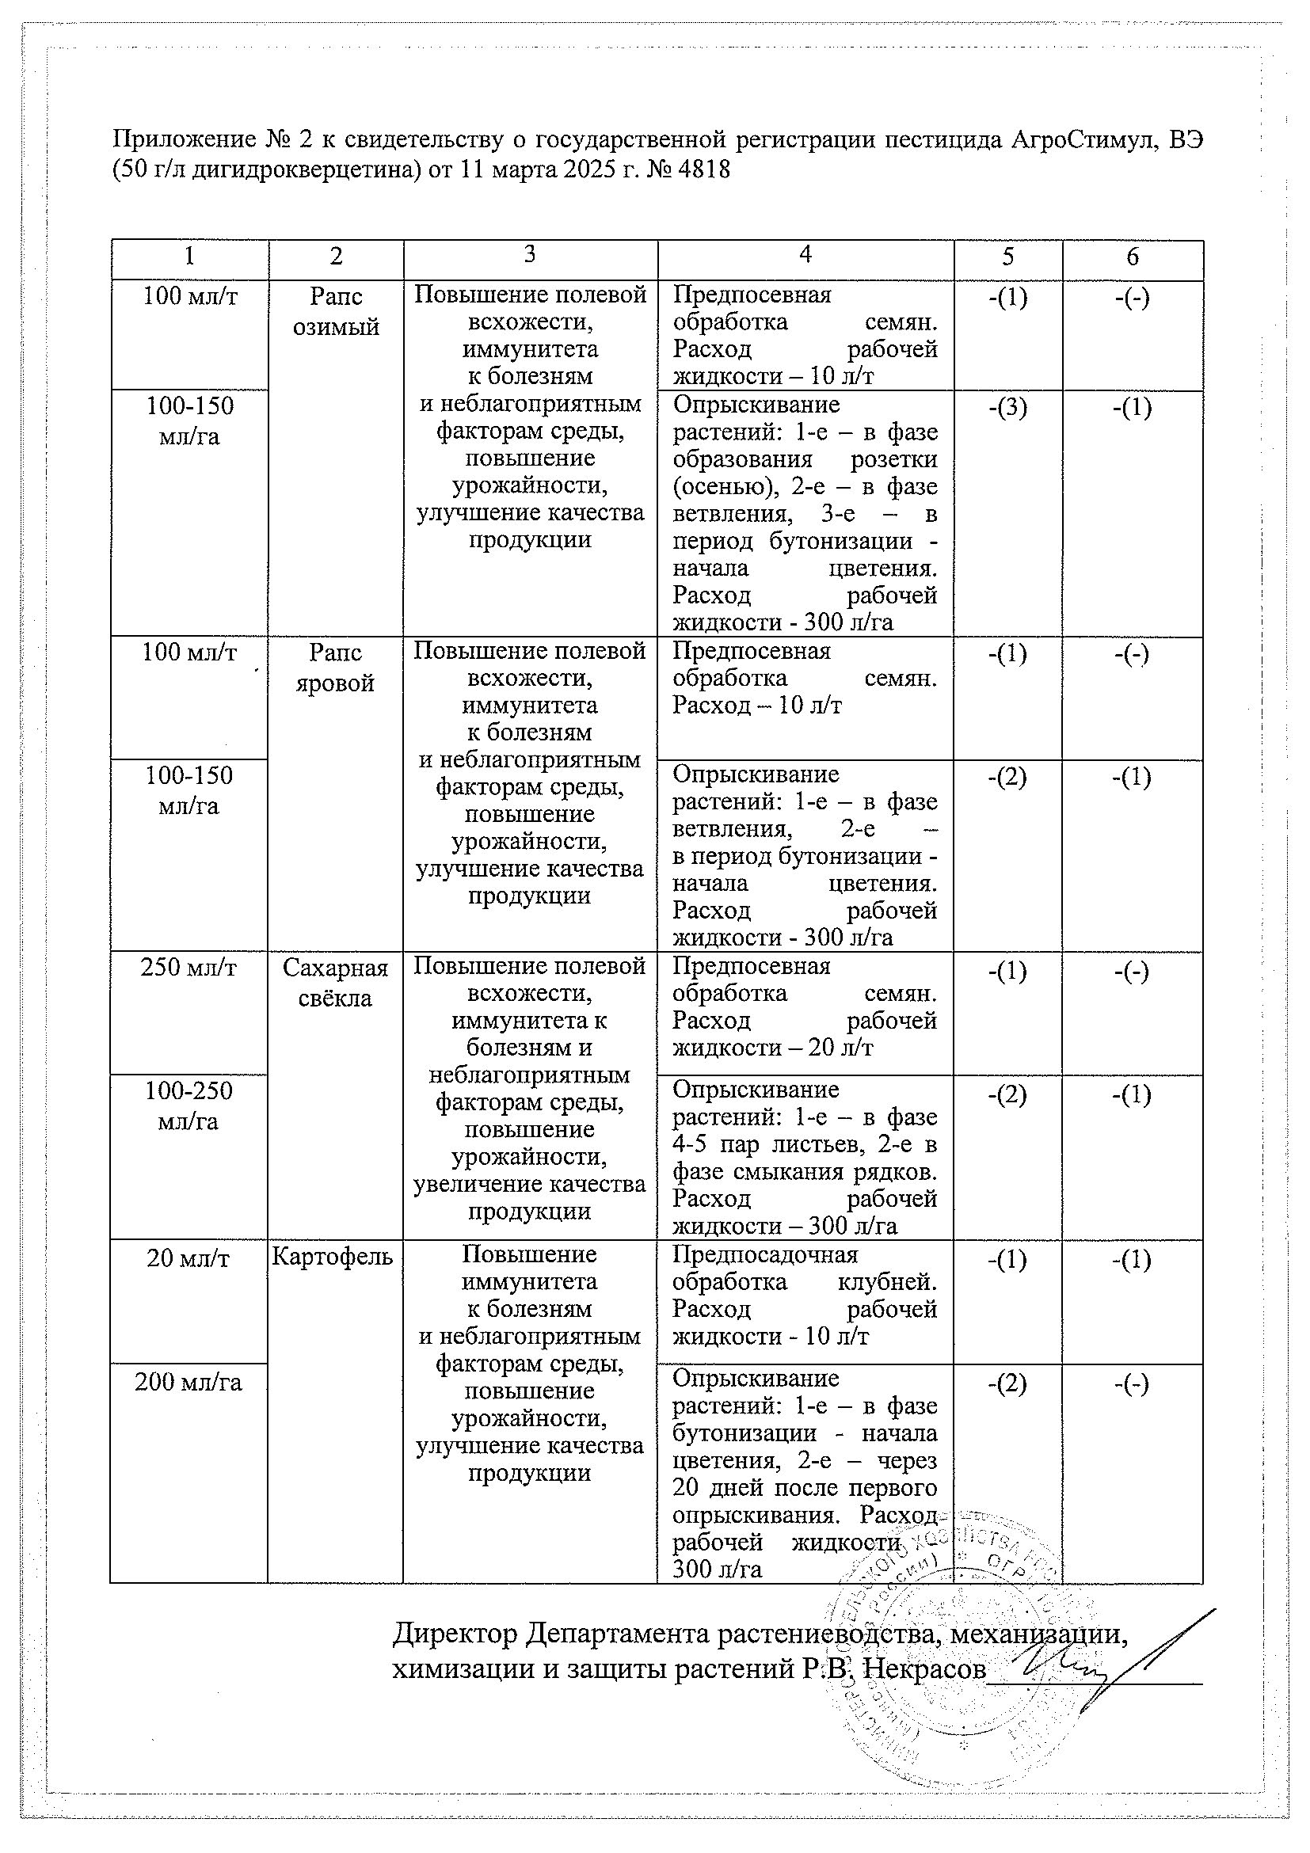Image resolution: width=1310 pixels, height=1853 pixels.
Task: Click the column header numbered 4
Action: [x=805, y=255]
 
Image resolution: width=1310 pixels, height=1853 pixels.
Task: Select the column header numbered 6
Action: [x=1132, y=257]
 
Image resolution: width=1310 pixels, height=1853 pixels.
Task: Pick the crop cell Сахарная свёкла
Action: [x=335, y=983]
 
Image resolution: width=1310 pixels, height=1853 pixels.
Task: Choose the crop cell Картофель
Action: [x=333, y=1256]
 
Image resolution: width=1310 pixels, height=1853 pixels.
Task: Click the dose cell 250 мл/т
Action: [x=189, y=967]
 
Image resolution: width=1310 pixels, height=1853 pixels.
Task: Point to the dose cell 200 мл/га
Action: [x=189, y=1383]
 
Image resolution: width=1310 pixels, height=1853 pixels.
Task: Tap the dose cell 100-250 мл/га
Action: [x=189, y=1106]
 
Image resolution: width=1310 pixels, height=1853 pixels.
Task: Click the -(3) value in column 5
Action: [x=1007, y=409]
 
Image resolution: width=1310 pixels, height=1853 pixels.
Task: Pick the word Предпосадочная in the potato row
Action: [x=765, y=1254]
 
